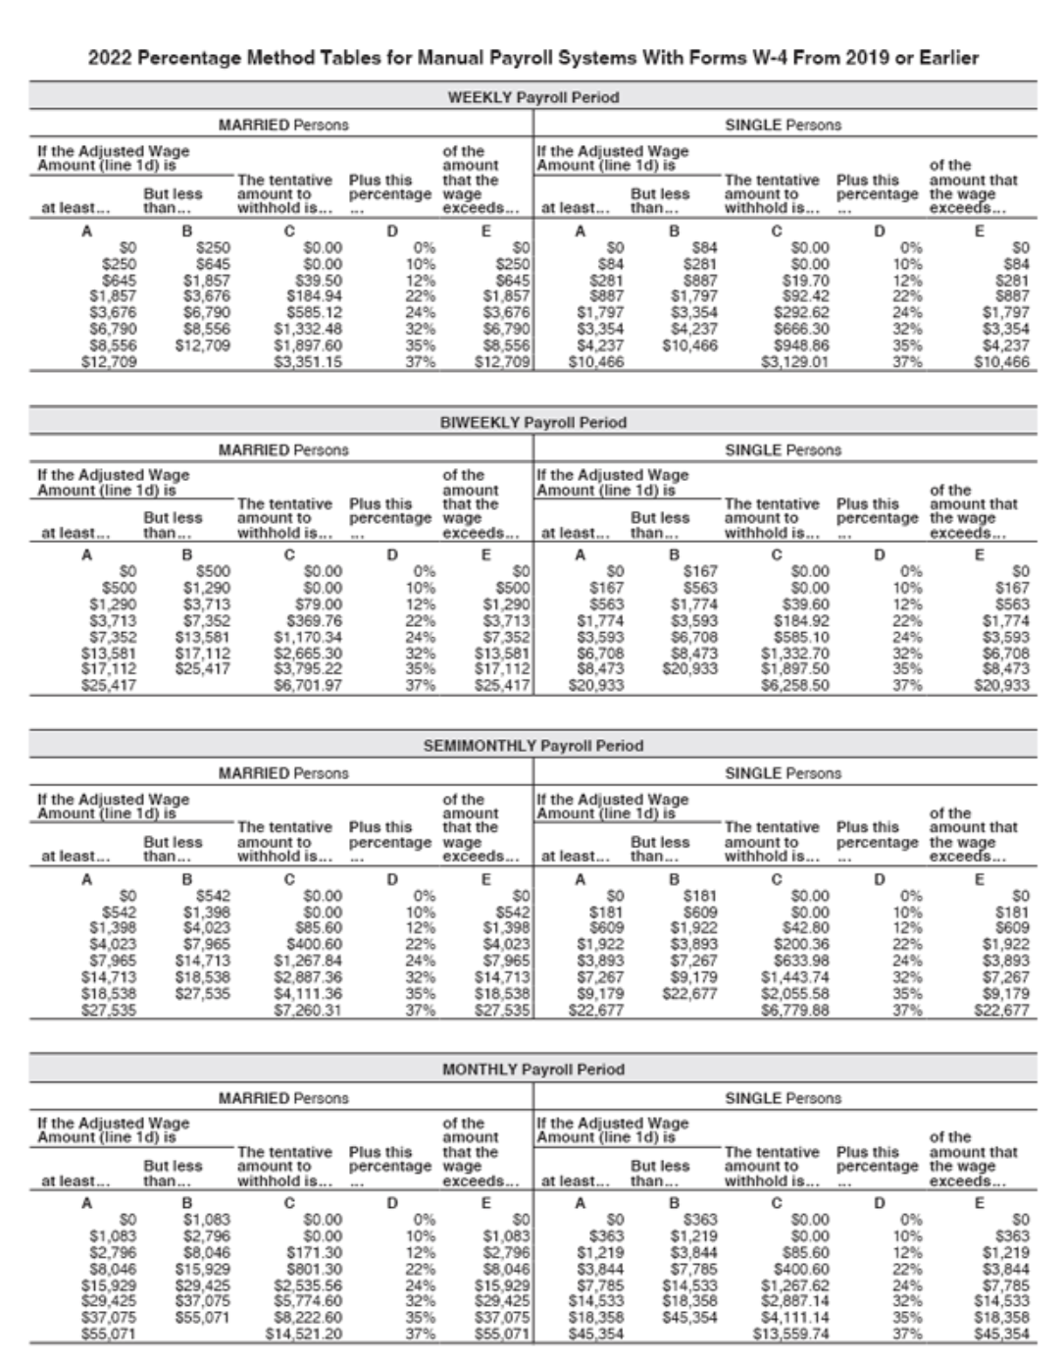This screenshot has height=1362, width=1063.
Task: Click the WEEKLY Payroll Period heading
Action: (x=532, y=97)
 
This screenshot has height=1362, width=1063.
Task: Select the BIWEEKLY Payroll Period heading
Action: (x=532, y=422)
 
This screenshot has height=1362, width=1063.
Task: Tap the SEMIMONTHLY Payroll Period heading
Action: (x=532, y=746)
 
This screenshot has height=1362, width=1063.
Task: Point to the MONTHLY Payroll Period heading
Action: (x=532, y=1070)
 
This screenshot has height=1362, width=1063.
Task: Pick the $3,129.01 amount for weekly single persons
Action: (x=795, y=361)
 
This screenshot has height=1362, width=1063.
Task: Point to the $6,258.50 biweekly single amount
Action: (x=795, y=685)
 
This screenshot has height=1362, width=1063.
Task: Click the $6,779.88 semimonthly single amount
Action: (x=795, y=1009)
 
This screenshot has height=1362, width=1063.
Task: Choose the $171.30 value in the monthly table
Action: (x=314, y=1252)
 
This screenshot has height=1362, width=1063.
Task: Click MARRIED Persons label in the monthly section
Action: (x=282, y=1098)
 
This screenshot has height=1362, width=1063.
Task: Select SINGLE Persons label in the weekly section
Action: (x=783, y=125)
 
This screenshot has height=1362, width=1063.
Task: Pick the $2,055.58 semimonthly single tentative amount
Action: (x=795, y=992)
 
